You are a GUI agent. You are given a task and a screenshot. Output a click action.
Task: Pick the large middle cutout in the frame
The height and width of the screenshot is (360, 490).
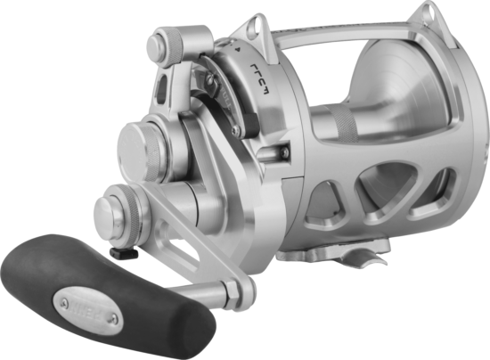coord(387,192)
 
